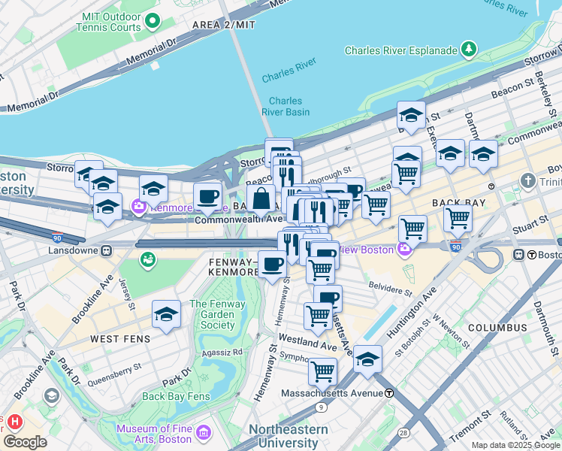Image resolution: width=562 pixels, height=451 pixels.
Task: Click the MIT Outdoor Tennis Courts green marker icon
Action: pyautogui.click(x=153, y=21)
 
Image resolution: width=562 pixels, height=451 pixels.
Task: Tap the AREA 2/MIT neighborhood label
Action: pyautogui.click(x=224, y=25)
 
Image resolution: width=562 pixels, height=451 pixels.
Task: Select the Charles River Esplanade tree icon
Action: pyautogui.click(x=470, y=50)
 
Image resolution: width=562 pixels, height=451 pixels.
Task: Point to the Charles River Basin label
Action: pyautogui.click(x=286, y=106)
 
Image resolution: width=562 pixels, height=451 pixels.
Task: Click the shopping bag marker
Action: pyautogui.click(x=261, y=199)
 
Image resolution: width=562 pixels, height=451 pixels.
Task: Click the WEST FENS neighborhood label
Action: pyautogui.click(x=120, y=339)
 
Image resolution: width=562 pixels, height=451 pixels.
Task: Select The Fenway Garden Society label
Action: pyautogui.click(x=213, y=315)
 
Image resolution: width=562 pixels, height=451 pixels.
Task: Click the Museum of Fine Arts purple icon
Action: pyautogui.click(x=204, y=434)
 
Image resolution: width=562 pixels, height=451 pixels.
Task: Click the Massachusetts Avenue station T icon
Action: pyautogui.click(x=389, y=393)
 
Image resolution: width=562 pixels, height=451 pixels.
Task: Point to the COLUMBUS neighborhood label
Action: pyautogui.click(x=497, y=328)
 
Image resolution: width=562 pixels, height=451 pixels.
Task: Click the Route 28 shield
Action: pyautogui.click(x=403, y=433)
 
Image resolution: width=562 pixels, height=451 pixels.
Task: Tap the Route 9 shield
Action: pyautogui.click(x=322, y=407)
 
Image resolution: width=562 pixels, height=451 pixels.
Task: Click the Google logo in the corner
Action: pyautogui.click(x=25, y=441)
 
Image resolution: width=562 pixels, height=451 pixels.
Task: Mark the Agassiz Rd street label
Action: pyautogui.click(x=227, y=351)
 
